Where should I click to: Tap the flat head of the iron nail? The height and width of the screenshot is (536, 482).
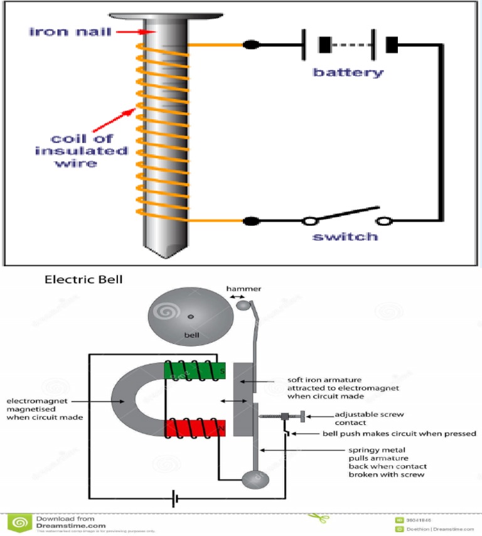tap(166, 14)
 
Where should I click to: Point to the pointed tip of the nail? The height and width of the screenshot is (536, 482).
tap(165, 254)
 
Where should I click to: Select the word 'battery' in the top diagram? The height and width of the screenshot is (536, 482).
tap(348, 73)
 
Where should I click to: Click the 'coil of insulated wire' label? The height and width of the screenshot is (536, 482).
tap(82, 151)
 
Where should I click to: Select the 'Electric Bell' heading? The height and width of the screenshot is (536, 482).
tap(83, 281)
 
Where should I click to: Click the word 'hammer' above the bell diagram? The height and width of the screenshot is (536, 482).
tap(244, 289)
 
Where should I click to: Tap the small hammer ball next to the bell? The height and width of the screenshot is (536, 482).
tap(243, 306)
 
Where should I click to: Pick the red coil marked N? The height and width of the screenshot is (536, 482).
tap(195, 429)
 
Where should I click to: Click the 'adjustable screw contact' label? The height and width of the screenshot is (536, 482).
tap(368, 419)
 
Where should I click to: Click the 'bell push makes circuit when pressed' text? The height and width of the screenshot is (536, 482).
tap(399, 434)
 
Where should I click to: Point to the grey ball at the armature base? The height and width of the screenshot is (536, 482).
tap(256, 481)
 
